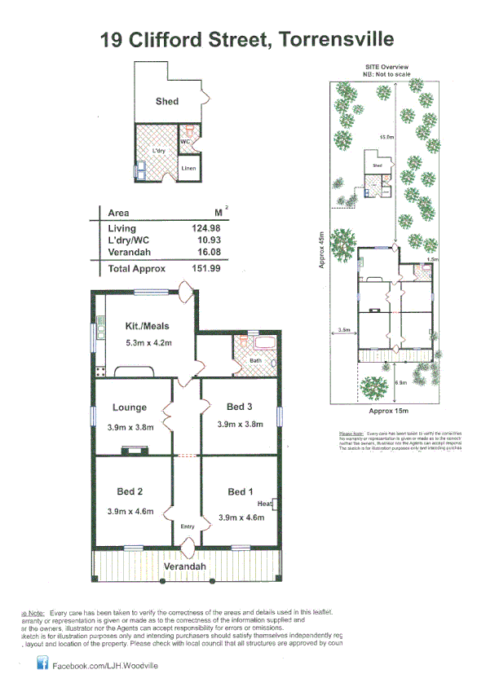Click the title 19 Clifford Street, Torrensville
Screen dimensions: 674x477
[x=246, y=38]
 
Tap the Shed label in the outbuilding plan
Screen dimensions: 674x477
[x=167, y=102]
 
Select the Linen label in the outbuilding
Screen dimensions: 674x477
[x=188, y=168]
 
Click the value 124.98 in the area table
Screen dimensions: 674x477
[x=200, y=229]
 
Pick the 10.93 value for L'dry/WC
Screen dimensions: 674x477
[x=200, y=242]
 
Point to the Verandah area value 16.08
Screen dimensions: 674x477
[x=200, y=254]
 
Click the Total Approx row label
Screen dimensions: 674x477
[x=136, y=268]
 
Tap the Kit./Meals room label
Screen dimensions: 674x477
[x=147, y=326]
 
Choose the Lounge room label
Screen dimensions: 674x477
[x=130, y=407]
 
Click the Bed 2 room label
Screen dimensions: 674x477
[x=130, y=491]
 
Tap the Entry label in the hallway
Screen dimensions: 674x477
[x=187, y=526]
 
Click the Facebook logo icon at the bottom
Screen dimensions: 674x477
[x=42, y=665]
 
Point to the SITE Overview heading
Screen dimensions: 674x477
[x=386, y=67]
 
